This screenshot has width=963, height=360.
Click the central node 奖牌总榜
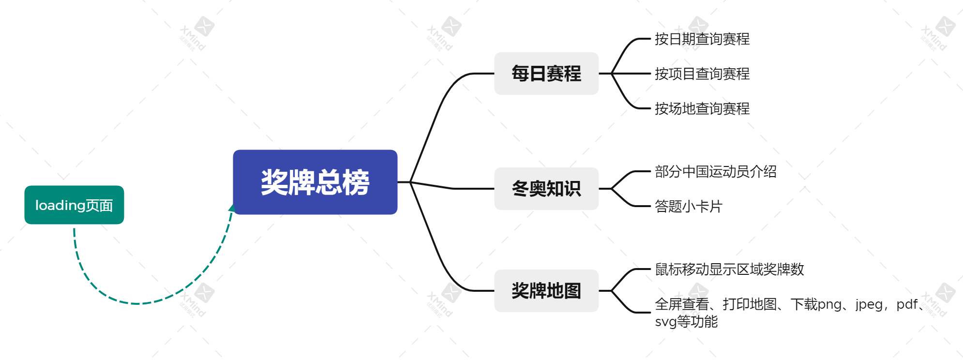pos(315,182)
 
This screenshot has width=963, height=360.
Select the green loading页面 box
pos(74,205)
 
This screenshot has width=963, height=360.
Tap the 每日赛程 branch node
pos(546,74)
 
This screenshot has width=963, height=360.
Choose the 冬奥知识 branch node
pos(546,189)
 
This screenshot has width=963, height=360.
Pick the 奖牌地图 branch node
pos(546,291)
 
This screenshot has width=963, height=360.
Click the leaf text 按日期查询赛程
pos(702,39)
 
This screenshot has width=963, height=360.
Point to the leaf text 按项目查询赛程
pos(702,74)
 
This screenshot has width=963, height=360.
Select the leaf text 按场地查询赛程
pos(702,108)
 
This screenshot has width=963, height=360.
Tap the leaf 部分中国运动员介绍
pos(715,171)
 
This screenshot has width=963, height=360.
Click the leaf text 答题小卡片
pos(688,207)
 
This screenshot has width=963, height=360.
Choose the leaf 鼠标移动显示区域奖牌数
pos(729,269)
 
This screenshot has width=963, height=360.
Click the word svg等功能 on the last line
pos(686,322)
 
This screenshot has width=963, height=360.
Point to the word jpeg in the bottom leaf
pos(869,304)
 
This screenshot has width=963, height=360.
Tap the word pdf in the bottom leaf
pos(907,304)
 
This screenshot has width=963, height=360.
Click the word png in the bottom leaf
pos(830,304)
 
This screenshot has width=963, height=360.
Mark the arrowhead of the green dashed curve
pos(232,208)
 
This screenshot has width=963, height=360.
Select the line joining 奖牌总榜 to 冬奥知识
pos(452,188)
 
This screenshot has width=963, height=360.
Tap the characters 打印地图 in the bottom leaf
pos(750,304)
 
